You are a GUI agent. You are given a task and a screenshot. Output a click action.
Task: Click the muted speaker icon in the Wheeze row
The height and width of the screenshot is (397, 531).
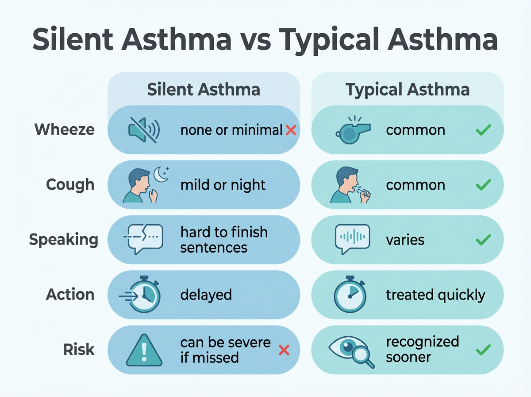click(143, 130)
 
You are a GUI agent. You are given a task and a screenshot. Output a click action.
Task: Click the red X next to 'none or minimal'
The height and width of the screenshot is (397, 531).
click(291, 130)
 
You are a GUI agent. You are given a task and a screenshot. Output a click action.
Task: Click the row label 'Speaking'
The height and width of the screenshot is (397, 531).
click(64, 240)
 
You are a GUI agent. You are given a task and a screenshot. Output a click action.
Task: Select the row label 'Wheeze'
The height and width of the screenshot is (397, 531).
click(65, 130)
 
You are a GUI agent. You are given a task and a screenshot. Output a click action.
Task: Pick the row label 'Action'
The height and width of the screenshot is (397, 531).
click(70, 295)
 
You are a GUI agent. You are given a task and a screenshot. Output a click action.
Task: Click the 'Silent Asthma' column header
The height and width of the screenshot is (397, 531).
click(204, 90)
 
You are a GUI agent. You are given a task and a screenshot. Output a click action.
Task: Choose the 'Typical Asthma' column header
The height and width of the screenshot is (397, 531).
click(408, 90)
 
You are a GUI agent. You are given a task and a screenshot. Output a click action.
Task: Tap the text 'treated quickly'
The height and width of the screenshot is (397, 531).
click(435, 295)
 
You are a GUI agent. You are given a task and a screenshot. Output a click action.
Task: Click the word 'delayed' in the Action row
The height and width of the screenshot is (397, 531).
click(206, 295)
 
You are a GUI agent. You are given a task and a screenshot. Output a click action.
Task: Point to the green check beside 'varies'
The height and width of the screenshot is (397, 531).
click(483, 240)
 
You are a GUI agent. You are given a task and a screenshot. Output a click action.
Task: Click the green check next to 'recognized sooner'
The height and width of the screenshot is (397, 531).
click(483, 350)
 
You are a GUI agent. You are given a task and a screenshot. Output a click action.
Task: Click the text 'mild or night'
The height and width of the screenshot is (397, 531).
click(223, 185)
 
